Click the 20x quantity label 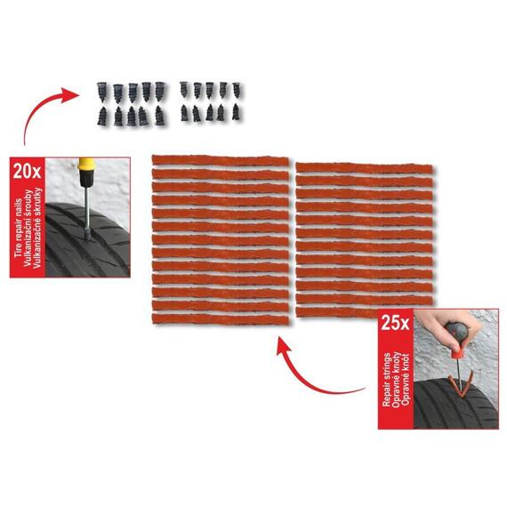[27, 171]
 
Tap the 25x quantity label [395, 322]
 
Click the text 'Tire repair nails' [18, 228]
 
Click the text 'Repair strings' [386, 379]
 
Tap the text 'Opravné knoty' [396, 379]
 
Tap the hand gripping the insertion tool [453, 328]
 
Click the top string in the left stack [221, 161]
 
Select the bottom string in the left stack [221, 319]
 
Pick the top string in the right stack [364, 168]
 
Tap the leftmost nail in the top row [102, 91]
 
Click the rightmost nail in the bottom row [236, 112]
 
